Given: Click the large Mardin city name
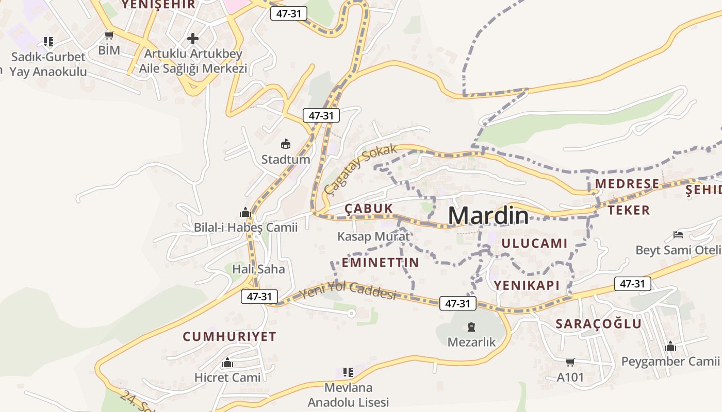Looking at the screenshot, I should [x=488, y=215].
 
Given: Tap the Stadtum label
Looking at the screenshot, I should [x=286, y=159].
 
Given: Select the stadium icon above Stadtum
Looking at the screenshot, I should [x=286, y=144].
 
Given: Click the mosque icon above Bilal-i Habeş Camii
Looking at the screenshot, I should [x=245, y=212].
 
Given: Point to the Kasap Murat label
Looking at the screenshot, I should [x=373, y=236].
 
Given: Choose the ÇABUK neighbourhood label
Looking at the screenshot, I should [x=369, y=209].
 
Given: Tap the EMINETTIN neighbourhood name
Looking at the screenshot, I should [x=381, y=263].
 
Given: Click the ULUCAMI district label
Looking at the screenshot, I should [x=534, y=244].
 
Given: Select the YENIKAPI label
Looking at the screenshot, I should [x=527, y=285].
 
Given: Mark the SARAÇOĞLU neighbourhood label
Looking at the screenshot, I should [x=598, y=324].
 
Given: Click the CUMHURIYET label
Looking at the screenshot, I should [x=229, y=337].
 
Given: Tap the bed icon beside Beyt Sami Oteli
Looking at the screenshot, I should [x=678, y=235].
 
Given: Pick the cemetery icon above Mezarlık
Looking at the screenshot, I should [x=471, y=327].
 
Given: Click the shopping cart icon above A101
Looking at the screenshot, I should [x=570, y=363].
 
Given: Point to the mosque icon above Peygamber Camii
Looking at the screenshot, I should [x=670, y=346].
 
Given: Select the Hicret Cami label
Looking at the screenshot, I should [x=227, y=377].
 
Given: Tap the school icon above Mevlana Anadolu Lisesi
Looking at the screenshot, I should [x=348, y=372].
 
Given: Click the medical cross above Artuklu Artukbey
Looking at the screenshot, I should [x=193, y=39].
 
